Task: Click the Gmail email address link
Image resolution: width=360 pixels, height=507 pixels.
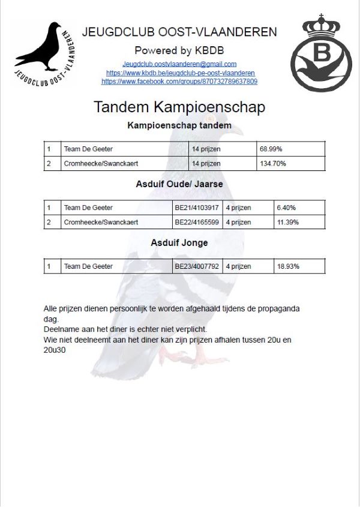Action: [179, 64]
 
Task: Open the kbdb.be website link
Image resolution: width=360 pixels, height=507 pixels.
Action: [180, 73]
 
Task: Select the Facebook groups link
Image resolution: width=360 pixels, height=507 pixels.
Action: [179, 81]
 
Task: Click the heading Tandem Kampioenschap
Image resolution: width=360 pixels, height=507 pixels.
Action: [179, 107]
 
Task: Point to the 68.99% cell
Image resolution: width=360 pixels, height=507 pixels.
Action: [271, 149]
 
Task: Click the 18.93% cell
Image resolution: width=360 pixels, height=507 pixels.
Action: [287, 266]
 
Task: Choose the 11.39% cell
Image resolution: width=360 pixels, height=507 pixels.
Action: [287, 222]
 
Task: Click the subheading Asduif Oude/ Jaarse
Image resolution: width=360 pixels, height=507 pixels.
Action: [179, 184]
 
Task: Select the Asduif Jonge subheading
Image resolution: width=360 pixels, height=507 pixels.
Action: [179, 242]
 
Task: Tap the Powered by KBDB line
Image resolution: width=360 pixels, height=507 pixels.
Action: [179, 50]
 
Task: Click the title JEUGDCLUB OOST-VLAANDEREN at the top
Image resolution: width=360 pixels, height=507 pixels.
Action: [179, 32]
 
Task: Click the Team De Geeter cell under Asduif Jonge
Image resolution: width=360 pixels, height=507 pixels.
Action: [88, 266]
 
